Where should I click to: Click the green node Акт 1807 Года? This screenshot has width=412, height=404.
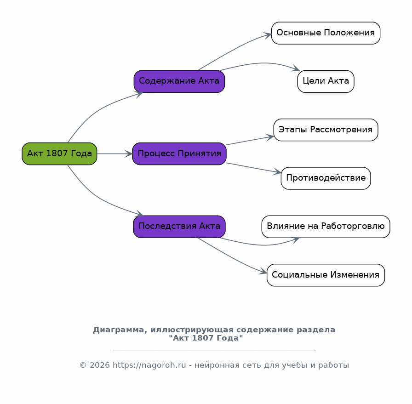click(x=59, y=154)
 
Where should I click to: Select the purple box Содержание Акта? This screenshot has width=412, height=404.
click(x=179, y=81)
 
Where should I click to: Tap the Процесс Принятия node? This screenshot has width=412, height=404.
click(x=179, y=154)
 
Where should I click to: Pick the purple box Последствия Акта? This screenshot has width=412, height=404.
click(x=179, y=227)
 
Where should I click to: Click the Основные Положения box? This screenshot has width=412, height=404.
click(x=326, y=33)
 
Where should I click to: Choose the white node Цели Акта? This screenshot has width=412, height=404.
click(x=326, y=81)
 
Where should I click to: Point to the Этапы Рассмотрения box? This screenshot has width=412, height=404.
click(x=326, y=130)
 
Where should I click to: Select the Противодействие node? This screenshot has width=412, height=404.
click(x=326, y=178)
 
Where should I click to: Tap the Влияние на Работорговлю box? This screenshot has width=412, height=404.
click(x=326, y=227)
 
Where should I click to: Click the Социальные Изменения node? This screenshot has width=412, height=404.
click(x=326, y=275)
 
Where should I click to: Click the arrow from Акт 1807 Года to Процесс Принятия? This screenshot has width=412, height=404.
click(x=114, y=154)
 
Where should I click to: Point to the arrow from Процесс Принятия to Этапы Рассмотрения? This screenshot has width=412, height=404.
click(x=250, y=140)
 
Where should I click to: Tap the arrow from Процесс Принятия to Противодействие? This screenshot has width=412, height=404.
click(x=253, y=168)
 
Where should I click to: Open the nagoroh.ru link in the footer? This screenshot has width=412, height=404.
click(x=149, y=365)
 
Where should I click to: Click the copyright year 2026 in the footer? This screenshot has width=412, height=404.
click(x=100, y=365)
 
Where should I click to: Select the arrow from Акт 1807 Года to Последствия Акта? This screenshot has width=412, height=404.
click(x=96, y=196)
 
